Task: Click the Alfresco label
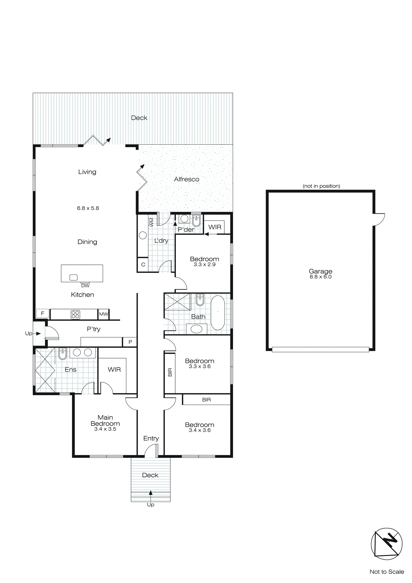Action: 186,179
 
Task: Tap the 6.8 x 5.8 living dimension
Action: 88,208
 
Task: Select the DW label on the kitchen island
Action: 85,286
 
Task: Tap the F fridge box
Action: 42,313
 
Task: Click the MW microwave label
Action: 104,314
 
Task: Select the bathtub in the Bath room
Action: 218,313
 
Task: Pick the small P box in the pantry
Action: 130,342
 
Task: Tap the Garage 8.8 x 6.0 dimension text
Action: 320,277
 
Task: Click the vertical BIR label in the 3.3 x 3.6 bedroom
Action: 170,372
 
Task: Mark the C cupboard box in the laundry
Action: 143,265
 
